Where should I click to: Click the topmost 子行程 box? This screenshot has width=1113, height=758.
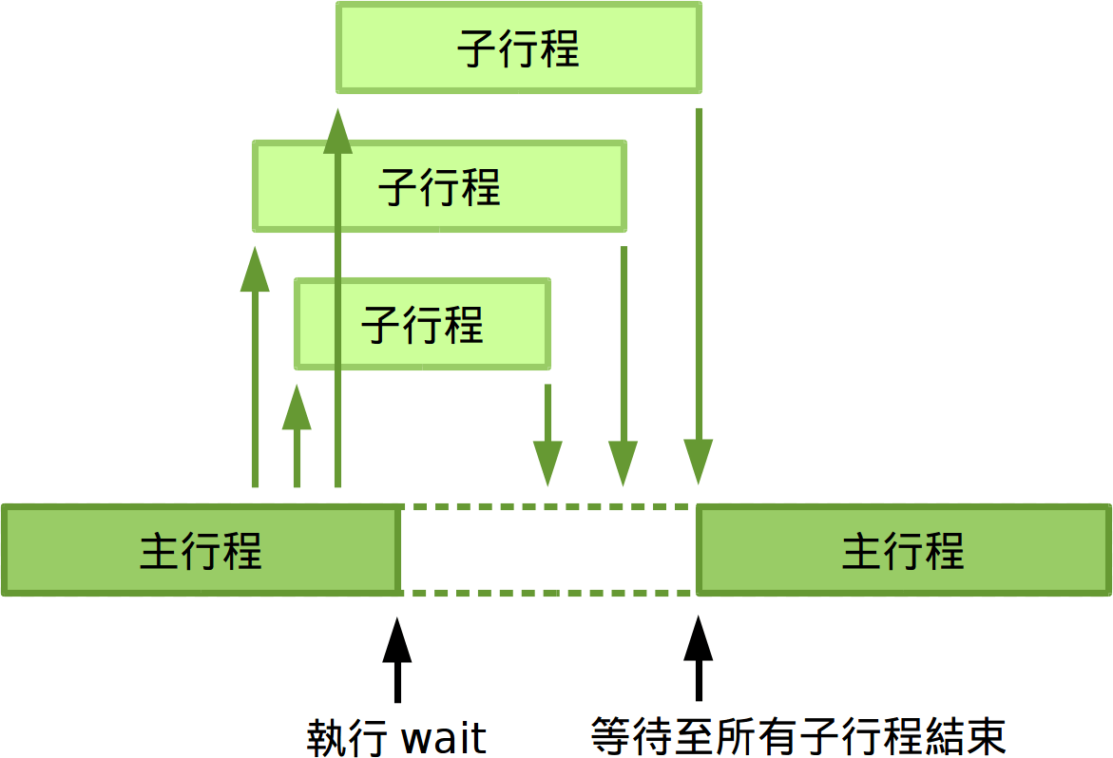pyautogui.click(x=518, y=47)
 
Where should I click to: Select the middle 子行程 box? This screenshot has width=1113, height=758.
pyautogui.click(x=439, y=186)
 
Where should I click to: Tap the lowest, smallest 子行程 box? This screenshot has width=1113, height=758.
pyautogui.click(x=422, y=324)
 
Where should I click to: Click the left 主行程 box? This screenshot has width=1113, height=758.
pyautogui.click(x=201, y=551)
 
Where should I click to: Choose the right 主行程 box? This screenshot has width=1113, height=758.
pyautogui.click(x=903, y=551)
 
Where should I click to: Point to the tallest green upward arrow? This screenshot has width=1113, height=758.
pyautogui.click(x=337, y=304)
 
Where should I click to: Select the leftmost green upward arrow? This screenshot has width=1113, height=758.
pyautogui.click(x=255, y=370)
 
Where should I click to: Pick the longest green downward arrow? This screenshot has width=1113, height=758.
pyautogui.click(x=699, y=294)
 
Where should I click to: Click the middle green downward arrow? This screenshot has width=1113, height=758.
pyautogui.click(x=623, y=366)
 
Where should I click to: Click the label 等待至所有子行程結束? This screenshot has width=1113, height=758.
pyautogui.click(x=798, y=736)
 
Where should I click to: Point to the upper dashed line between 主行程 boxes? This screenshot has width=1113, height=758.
pyautogui.click(x=547, y=507)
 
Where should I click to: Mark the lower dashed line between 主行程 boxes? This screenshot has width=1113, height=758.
pyautogui.click(x=547, y=593)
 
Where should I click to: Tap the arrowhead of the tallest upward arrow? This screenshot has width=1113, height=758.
pyautogui.click(x=337, y=133)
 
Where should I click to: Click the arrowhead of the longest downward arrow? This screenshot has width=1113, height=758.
pyautogui.click(x=699, y=463)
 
